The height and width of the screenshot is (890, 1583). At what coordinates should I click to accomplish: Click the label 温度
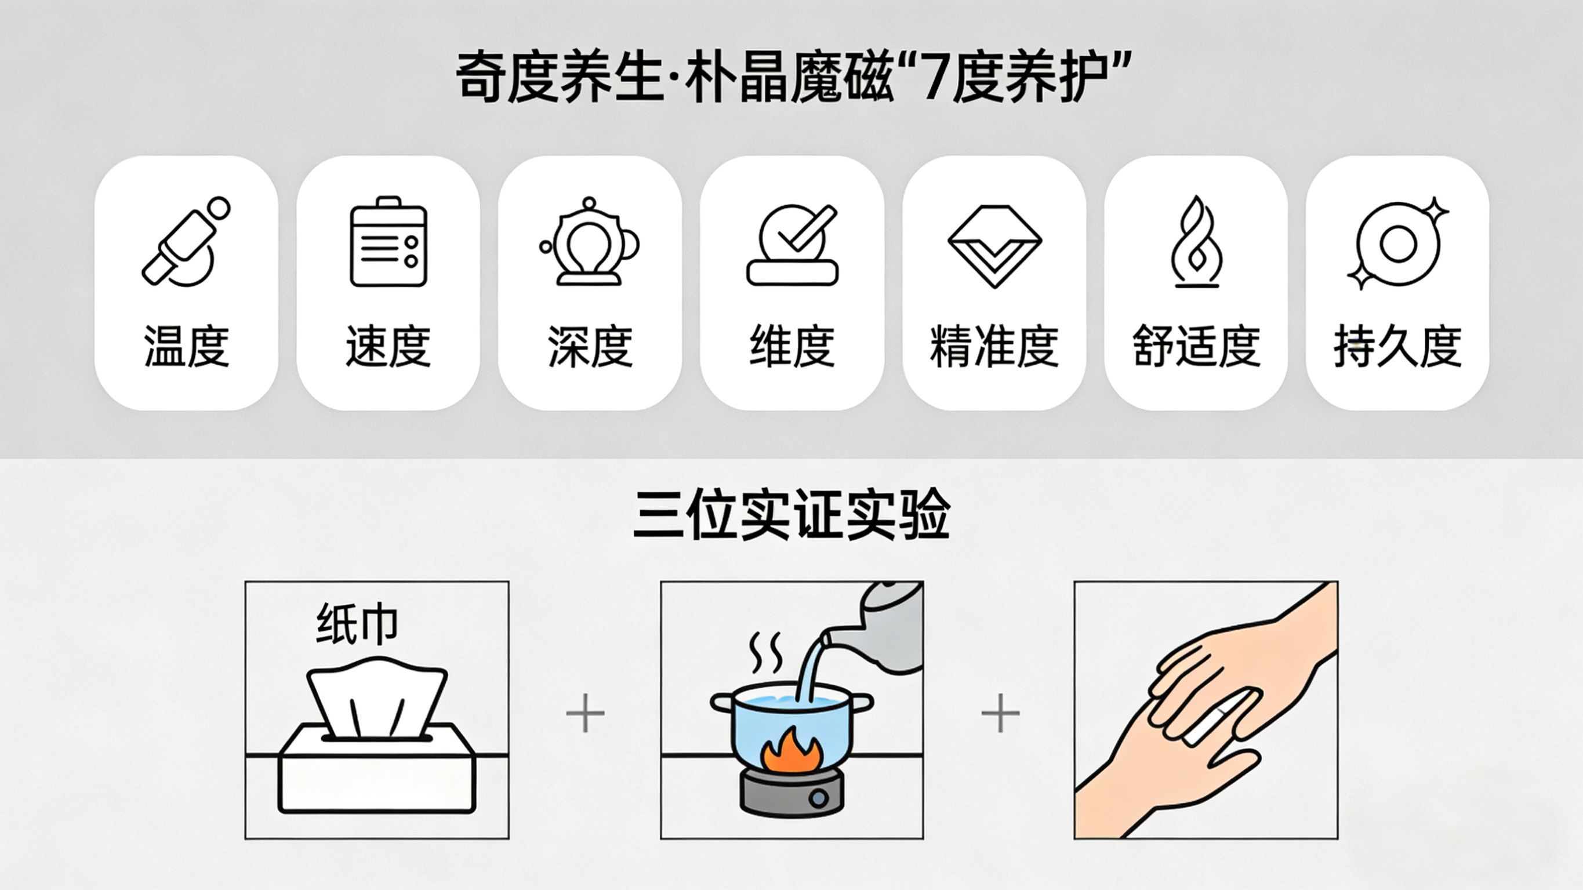click(187, 346)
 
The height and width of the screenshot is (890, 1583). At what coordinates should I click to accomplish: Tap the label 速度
click(389, 346)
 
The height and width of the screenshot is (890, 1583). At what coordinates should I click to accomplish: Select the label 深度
click(590, 346)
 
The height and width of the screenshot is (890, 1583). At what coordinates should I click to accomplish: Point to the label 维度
click(792, 346)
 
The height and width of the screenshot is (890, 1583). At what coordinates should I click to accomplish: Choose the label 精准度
click(994, 346)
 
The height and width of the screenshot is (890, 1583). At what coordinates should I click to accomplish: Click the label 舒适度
click(1196, 346)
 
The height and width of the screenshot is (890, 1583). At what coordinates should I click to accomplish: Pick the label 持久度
click(1398, 346)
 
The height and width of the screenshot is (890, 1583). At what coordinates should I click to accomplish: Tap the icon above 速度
click(389, 242)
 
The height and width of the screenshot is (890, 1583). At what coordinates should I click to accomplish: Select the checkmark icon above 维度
click(792, 245)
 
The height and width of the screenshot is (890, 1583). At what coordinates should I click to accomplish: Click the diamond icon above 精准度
click(994, 246)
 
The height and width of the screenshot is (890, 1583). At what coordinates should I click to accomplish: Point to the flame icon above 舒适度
click(1196, 242)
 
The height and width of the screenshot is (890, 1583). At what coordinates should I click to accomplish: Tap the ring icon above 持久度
click(1398, 244)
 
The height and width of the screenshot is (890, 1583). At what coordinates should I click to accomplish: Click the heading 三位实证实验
click(792, 514)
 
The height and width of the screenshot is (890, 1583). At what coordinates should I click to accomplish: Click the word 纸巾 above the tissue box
click(357, 624)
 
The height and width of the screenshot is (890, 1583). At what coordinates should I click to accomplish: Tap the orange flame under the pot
click(792, 750)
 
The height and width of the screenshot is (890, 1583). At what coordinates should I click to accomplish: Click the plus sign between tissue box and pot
click(585, 713)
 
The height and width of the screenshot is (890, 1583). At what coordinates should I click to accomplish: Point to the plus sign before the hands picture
click(1000, 713)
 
